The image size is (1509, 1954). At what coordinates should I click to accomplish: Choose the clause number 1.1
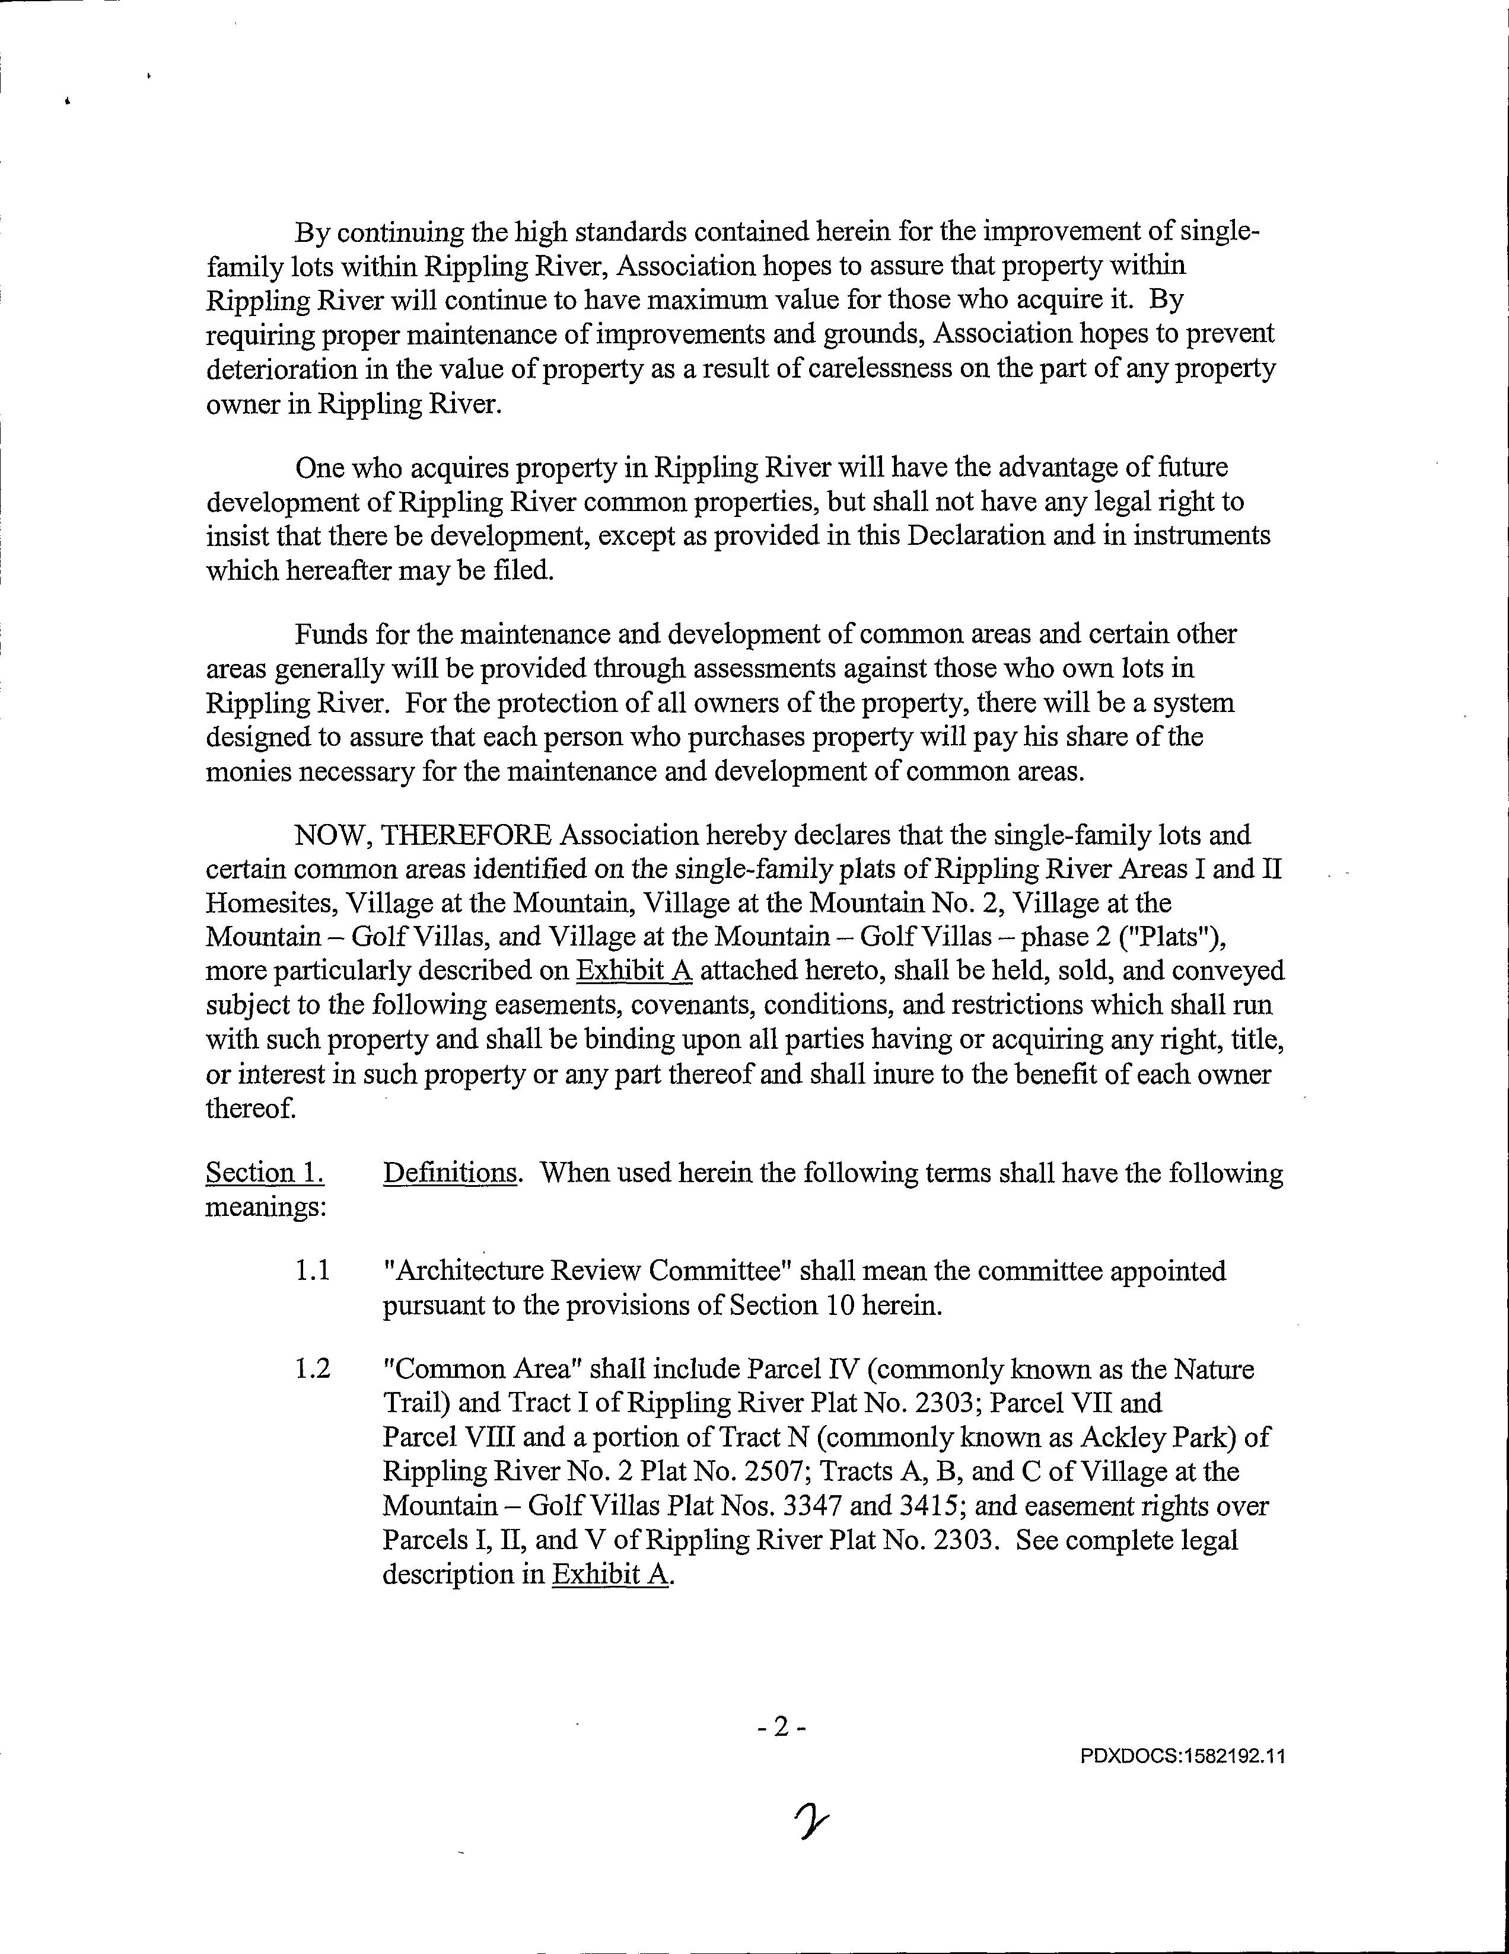[313, 1270]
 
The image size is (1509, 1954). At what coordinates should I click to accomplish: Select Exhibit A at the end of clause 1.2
[610, 1574]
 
